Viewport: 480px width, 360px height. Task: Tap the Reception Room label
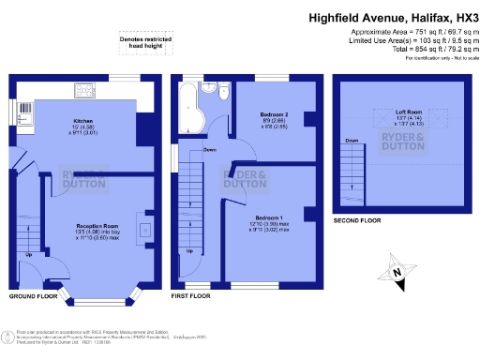coord(97,226)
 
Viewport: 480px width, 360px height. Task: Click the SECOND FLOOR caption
coord(357,219)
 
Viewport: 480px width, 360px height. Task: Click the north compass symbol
coord(398,271)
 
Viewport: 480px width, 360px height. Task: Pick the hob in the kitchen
coord(82,91)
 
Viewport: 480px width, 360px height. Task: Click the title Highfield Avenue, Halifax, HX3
coord(393,18)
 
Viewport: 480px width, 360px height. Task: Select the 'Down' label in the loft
coord(351,142)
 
